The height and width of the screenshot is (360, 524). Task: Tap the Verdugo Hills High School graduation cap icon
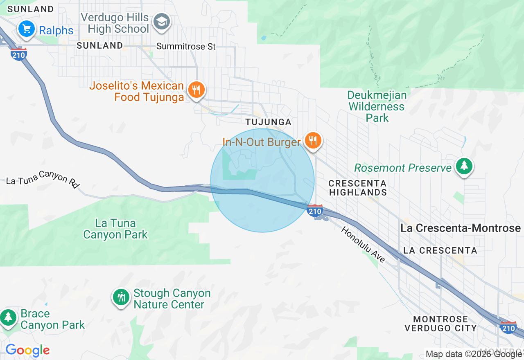[162, 21]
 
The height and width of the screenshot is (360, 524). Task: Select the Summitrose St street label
[186, 47]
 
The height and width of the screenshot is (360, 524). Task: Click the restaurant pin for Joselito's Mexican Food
[196, 89]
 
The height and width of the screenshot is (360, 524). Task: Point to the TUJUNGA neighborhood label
[268, 122]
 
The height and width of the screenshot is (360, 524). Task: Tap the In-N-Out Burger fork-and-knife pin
[313, 141]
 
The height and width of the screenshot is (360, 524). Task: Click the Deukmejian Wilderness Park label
[377, 107]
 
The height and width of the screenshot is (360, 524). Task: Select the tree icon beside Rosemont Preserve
[464, 166]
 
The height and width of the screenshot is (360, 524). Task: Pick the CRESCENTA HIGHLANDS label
[358, 188]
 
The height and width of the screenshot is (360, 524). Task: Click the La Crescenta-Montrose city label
[461, 228]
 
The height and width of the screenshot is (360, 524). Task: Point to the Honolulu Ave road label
[363, 244]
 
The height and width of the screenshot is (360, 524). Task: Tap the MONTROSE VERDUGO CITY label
[440, 324]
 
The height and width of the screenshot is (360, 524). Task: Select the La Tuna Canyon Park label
[115, 229]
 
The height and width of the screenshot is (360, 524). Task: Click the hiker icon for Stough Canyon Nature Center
[121, 297]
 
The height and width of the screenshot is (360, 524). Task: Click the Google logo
[27, 351]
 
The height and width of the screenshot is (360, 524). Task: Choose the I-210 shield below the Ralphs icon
[19, 54]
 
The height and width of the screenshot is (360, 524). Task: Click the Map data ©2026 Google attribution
[474, 354]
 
